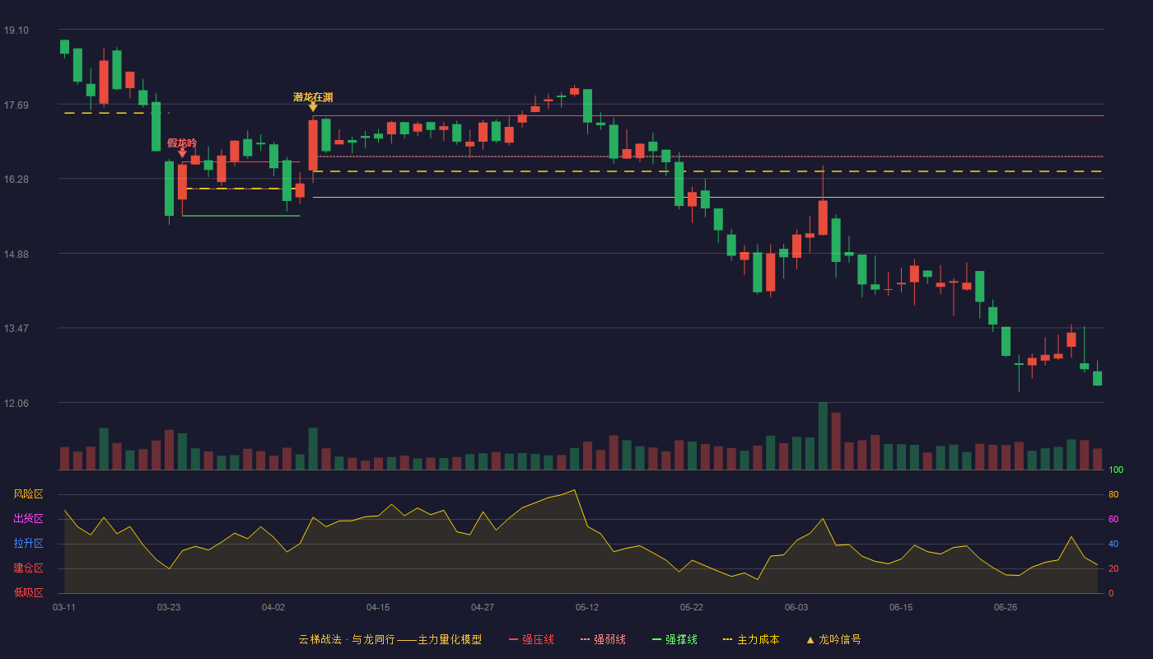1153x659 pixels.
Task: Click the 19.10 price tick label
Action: click(x=16, y=30)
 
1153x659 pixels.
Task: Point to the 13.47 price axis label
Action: click(x=16, y=329)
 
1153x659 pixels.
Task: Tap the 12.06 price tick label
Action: click(x=16, y=403)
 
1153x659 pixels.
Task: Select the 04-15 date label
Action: click(x=378, y=608)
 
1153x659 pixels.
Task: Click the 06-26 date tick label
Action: click(x=1006, y=608)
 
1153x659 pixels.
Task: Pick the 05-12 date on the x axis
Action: click(x=586, y=608)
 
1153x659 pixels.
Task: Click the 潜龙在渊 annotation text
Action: click(x=313, y=97)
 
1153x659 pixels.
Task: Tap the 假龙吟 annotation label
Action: click(x=182, y=143)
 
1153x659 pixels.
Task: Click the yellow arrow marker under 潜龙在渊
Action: click(x=313, y=107)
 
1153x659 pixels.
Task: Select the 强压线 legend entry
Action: click(x=531, y=639)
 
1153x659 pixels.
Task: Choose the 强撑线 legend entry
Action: click(x=675, y=639)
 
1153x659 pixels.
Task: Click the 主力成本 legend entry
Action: click(x=751, y=639)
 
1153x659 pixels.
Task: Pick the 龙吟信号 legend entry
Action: click(x=833, y=639)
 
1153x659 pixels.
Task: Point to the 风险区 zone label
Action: click(x=28, y=494)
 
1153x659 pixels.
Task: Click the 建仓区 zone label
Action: click(x=28, y=568)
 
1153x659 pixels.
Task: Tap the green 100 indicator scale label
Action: click(x=1116, y=470)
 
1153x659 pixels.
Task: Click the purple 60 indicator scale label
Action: click(x=1113, y=519)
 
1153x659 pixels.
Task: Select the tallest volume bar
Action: click(x=823, y=436)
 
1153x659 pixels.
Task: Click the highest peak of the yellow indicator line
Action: click(x=575, y=489)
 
